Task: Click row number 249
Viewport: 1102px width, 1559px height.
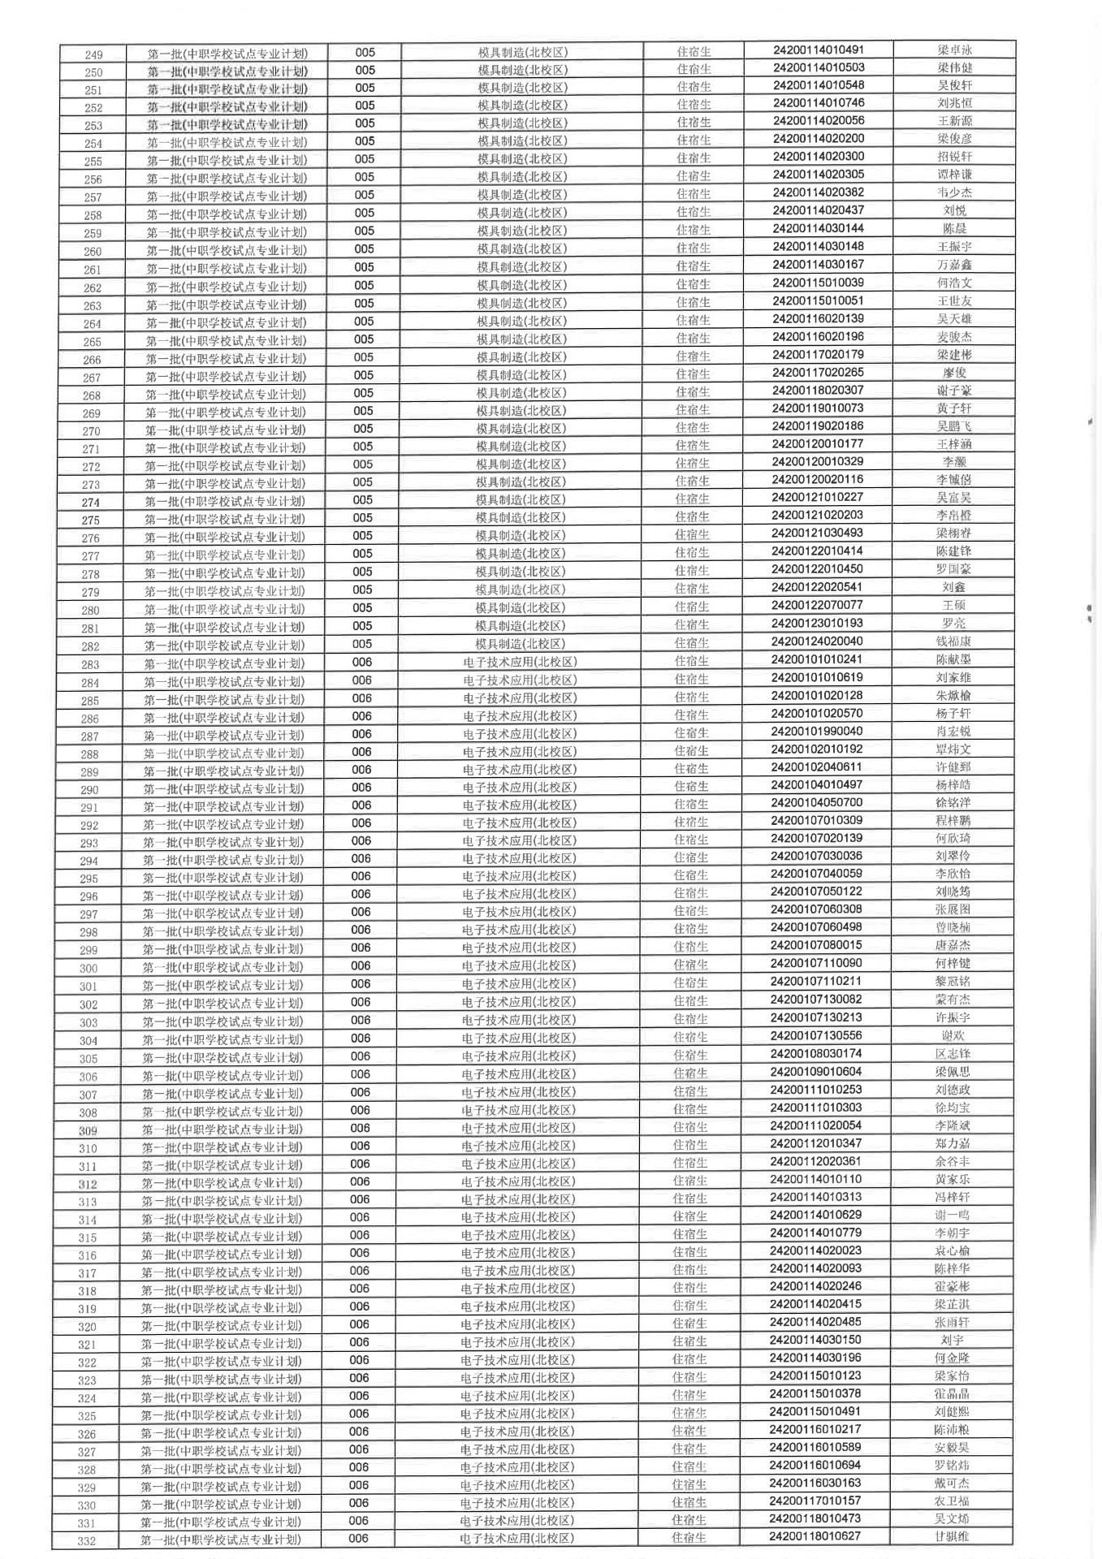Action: click(x=93, y=54)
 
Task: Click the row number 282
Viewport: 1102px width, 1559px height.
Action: click(x=90, y=646)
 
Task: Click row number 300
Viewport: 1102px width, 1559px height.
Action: click(x=89, y=968)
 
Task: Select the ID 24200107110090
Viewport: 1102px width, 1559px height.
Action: click(x=816, y=963)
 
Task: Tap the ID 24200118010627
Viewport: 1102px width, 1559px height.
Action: click(x=815, y=1535)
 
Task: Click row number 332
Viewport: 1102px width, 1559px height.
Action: click(x=86, y=1541)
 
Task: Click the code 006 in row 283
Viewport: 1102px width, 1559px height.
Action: click(x=362, y=662)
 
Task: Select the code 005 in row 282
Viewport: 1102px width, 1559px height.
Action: click(x=362, y=644)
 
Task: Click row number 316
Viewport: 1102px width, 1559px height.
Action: click(x=88, y=1255)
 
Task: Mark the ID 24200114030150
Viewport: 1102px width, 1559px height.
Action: click(x=815, y=1339)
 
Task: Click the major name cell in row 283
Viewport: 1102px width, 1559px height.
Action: click(x=520, y=662)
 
